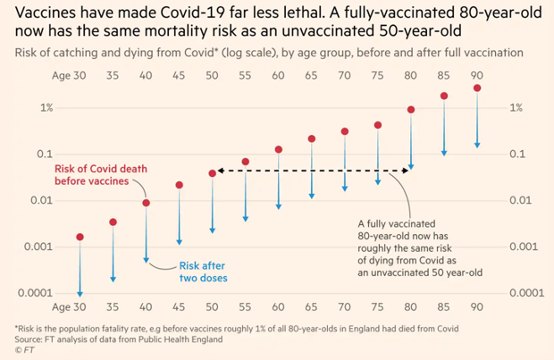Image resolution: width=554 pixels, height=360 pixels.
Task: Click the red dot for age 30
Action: click(x=80, y=237)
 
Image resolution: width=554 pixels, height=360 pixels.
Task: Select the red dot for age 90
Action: click(x=478, y=88)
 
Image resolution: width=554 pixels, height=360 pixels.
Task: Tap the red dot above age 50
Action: click(x=213, y=173)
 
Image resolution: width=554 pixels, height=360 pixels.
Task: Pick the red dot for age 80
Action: click(x=411, y=110)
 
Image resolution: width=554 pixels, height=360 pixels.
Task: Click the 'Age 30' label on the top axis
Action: click(x=69, y=75)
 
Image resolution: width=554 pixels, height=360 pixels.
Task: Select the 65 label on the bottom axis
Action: click(x=312, y=306)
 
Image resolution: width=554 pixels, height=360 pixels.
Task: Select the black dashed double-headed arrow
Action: click(x=312, y=171)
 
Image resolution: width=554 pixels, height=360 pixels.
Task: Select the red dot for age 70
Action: click(x=345, y=131)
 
